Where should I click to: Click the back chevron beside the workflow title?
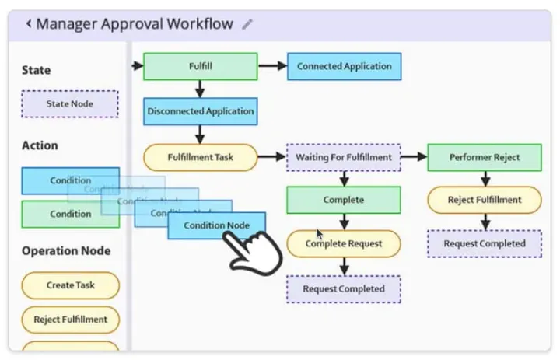[x=28, y=24]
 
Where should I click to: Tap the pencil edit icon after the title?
[x=247, y=24]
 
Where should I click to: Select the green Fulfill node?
[x=201, y=66]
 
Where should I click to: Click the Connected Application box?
[x=344, y=66]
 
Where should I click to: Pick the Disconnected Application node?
[x=201, y=111]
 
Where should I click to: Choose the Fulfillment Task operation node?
[x=201, y=157]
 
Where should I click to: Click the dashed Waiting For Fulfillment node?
[x=344, y=157]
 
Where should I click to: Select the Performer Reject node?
[x=484, y=157]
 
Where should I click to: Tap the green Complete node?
[x=344, y=200]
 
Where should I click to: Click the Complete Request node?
[x=344, y=243]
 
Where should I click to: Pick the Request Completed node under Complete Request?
[x=344, y=288]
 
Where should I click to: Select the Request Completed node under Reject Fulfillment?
[x=484, y=243]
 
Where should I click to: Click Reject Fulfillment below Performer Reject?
[x=484, y=200]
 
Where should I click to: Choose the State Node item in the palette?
[x=70, y=104]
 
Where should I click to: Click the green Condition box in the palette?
[x=70, y=215]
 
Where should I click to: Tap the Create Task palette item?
[x=70, y=285]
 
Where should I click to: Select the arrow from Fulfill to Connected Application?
[x=272, y=66]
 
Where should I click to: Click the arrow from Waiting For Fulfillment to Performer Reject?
[x=414, y=157]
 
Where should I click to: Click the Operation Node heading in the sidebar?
[x=66, y=250]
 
